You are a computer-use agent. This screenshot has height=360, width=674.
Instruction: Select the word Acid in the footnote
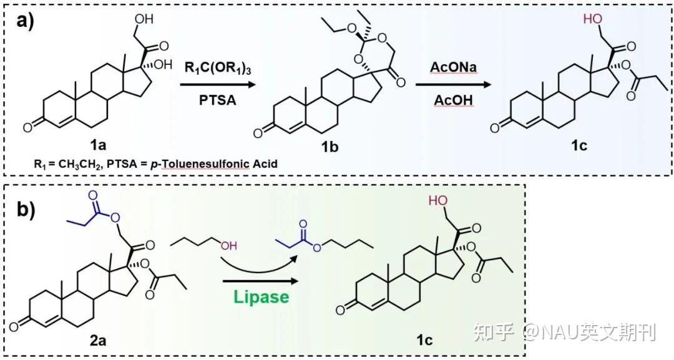[x=262, y=165]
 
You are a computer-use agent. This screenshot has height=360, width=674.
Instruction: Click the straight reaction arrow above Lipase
[x=262, y=280]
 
